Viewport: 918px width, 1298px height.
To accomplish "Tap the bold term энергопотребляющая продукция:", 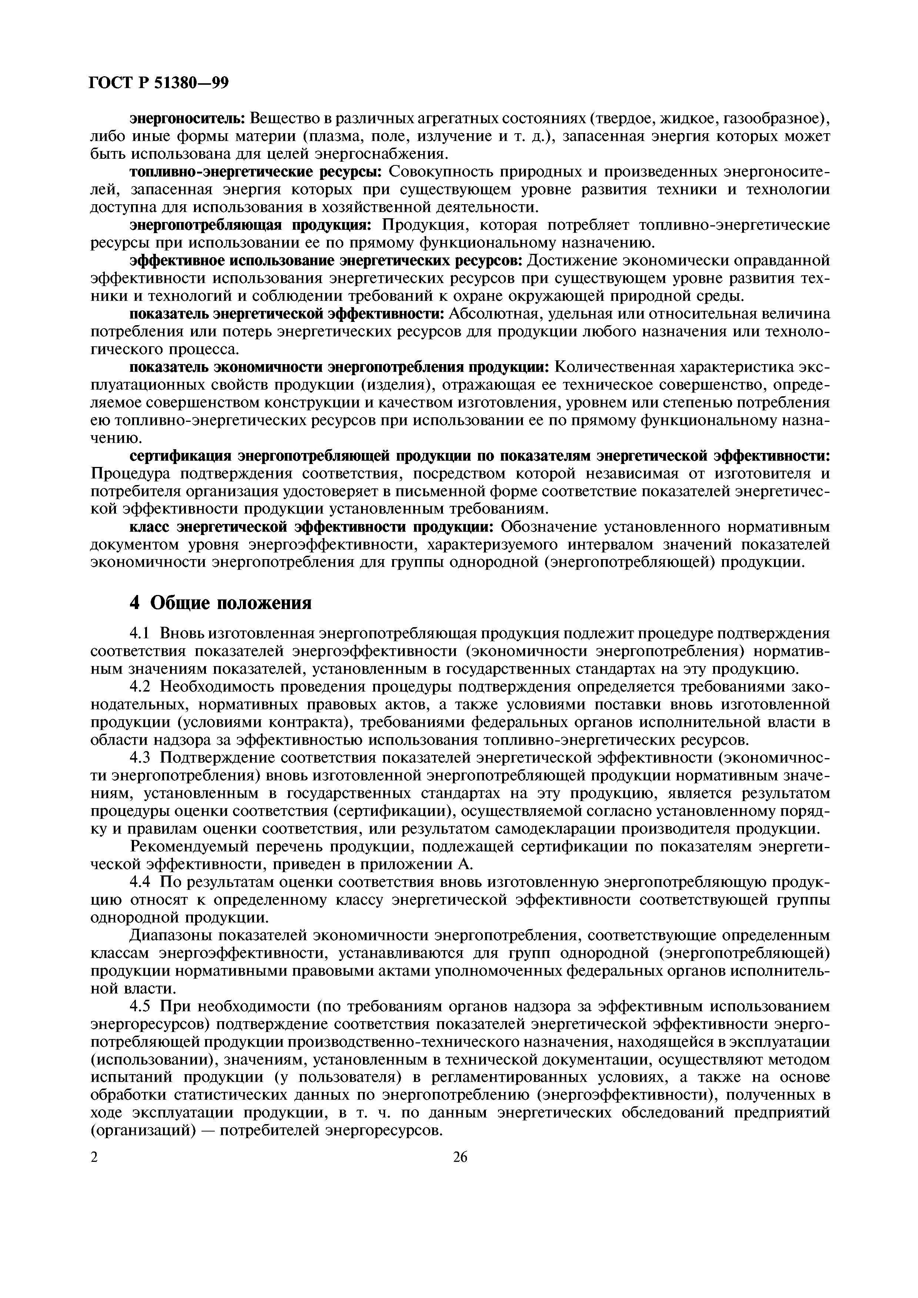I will point(250,225).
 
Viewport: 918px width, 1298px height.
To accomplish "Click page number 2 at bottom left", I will point(94,1141).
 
